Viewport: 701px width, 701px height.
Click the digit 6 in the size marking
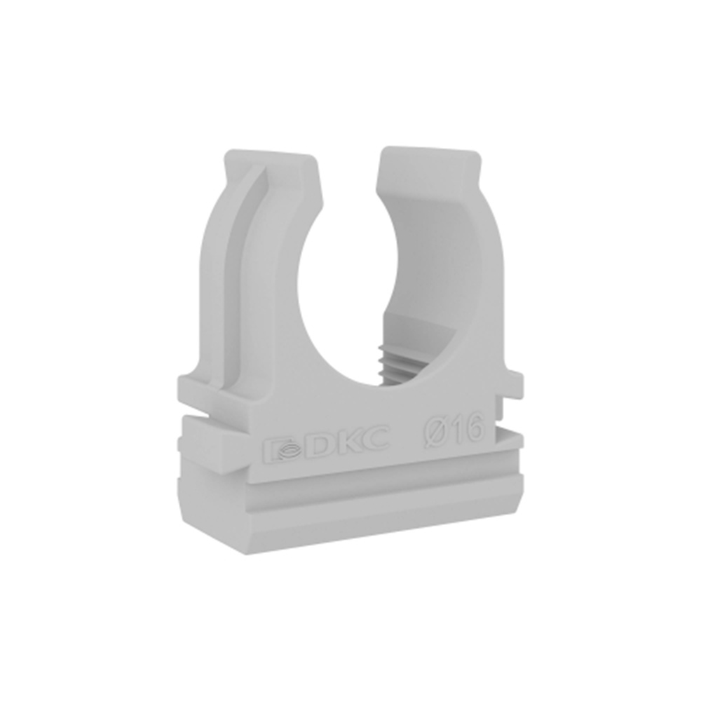[x=474, y=426]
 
